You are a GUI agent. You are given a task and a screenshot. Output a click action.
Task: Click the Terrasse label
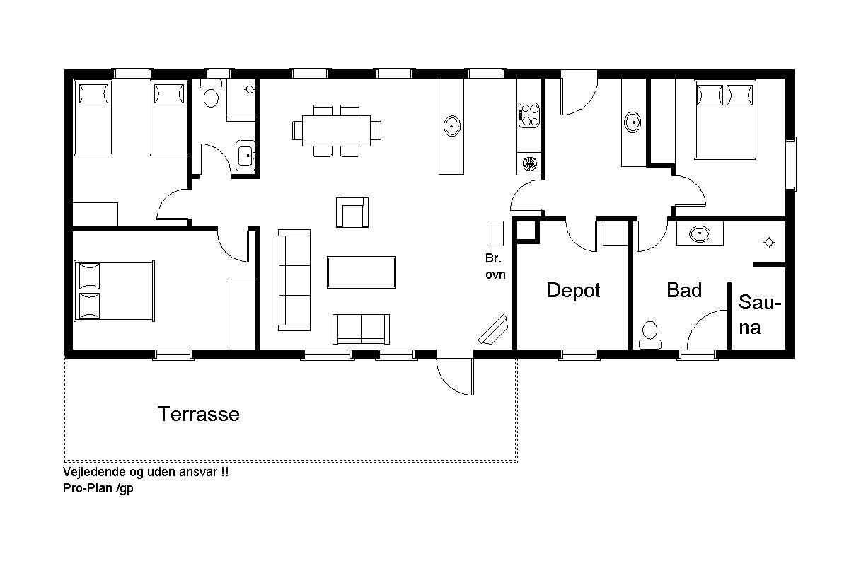(199, 414)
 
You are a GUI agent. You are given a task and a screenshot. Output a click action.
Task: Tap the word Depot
(573, 291)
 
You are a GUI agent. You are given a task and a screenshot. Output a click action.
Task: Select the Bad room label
(684, 290)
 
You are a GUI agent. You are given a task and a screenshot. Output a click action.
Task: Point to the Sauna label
(759, 315)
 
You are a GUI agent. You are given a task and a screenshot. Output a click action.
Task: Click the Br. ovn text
(495, 266)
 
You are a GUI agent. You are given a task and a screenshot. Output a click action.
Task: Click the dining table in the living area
(336, 131)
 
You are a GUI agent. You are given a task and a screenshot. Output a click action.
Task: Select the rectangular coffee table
(362, 272)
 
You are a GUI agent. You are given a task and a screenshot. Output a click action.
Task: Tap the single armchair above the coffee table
(352, 212)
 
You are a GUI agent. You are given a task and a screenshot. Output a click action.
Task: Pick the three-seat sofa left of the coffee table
(294, 279)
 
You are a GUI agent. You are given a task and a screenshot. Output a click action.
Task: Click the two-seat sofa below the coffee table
(361, 330)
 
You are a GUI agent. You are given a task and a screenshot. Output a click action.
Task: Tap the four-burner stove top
(529, 115)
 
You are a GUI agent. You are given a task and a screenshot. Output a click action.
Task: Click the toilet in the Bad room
(649, 335)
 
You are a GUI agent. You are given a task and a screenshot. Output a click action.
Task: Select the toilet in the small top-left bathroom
(211, 93)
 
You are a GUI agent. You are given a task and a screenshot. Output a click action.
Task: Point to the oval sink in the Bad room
(699, 233)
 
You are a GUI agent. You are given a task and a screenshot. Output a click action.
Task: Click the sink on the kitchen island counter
(451, 126)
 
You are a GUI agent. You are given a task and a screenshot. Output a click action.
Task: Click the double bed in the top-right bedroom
(724, 120)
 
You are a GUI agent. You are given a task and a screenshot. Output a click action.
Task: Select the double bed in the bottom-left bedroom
(114, 291)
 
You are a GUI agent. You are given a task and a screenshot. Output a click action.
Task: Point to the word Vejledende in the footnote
(93, 472)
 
